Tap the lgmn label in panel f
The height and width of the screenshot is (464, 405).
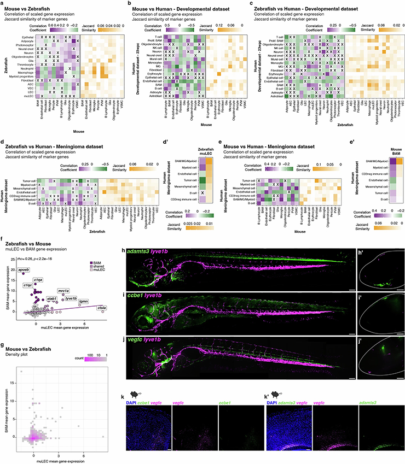click(84, 301)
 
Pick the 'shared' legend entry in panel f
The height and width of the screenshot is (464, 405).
click(94, 268)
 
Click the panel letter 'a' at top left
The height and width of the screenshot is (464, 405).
click(3, 4)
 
